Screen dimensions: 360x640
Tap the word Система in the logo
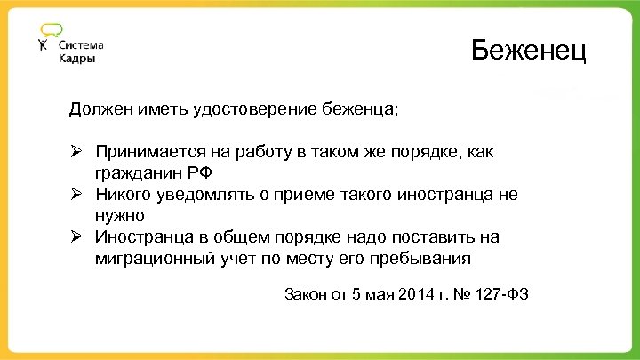click(82, 44)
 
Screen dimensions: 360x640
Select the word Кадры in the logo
click(77, 59)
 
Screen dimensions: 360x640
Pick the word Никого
click(124, 195)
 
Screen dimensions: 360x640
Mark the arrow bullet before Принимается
click(77, 152)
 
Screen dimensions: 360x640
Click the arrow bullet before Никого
click(77, 195)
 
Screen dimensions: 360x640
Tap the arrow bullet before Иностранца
click(77, 237)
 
